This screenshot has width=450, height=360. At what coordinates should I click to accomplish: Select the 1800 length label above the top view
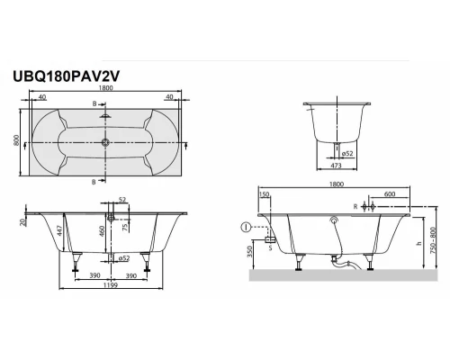[106, 91]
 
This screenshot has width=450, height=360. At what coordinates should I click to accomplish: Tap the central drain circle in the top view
[106, 141]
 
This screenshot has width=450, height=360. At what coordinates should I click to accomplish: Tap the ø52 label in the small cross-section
[347, 153]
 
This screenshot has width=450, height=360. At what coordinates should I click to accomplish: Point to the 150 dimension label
[265, 193]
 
